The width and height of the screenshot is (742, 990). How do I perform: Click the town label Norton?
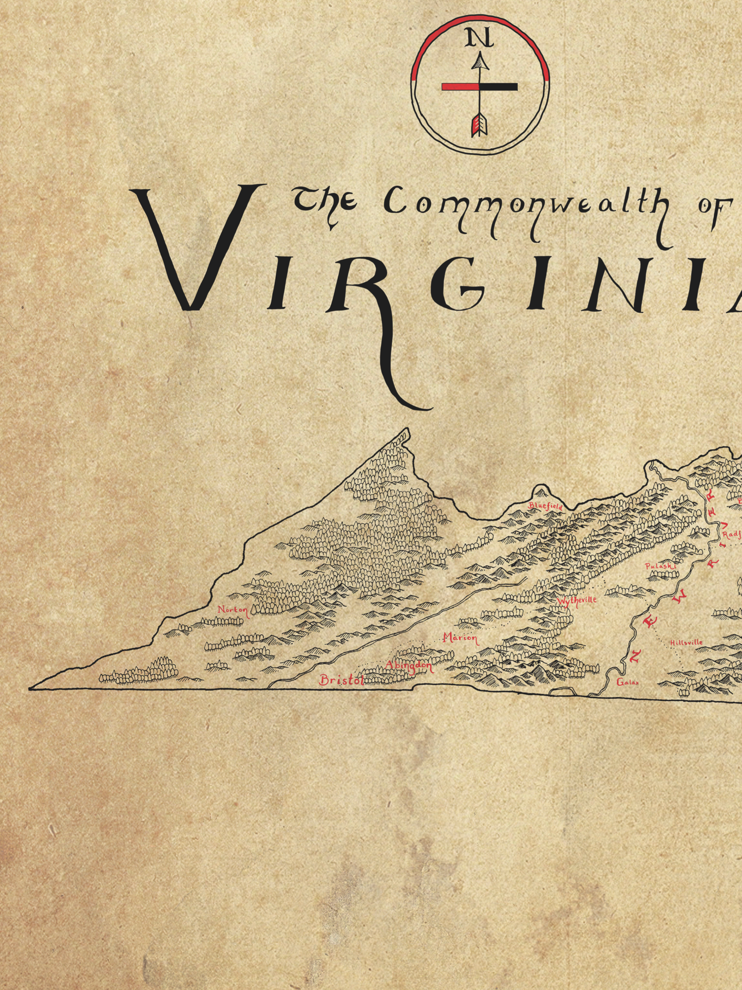click(x=233, y=610)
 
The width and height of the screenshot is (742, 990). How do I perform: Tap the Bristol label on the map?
click(x=340, y=680)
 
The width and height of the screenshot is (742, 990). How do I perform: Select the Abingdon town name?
click(x=409, y=666)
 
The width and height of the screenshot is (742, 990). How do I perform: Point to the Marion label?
click(x=460, y=638)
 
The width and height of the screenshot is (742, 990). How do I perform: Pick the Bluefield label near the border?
click(x=545, y=506)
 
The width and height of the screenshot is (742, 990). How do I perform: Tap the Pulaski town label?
click(x=660, y=566)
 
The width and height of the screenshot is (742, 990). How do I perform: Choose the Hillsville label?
click(x=686, y=642)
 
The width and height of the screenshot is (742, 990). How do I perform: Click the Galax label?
click(x=627, y=682)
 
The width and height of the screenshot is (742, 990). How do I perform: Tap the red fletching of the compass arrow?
click(x=479, y=124)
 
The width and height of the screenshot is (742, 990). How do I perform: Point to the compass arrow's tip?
click(x=480, y=61)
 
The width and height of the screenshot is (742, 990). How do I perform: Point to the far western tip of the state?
click(x=31, y=688)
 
